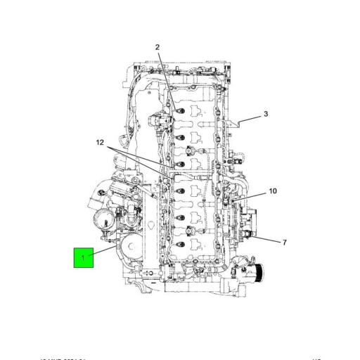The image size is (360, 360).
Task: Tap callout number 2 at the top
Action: click(x=157, y=48)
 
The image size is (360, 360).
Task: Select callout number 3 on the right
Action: click(x=266, y=114)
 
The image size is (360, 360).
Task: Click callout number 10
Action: click(x=273, y=191)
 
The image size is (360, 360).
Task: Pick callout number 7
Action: click(x=284, y=243)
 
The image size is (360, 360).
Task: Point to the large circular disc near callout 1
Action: click(x=131, y=249)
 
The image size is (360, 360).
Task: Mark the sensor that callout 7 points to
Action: click(x=249, y=231)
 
